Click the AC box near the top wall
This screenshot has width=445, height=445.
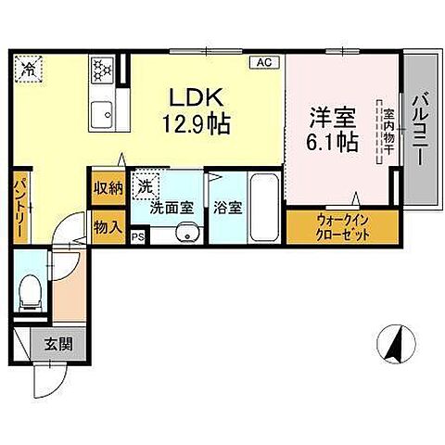[x=264, y=63]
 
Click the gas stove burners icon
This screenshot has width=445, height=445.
[x=100, y=69]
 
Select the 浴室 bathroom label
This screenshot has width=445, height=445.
[x=228, y=207]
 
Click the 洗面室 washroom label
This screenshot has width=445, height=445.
[x=174, y=207]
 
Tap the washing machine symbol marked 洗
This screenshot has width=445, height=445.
[x=145, y=186]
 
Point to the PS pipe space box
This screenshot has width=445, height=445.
[x=138, y=236]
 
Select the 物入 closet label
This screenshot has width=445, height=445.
[x=107, y=224]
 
